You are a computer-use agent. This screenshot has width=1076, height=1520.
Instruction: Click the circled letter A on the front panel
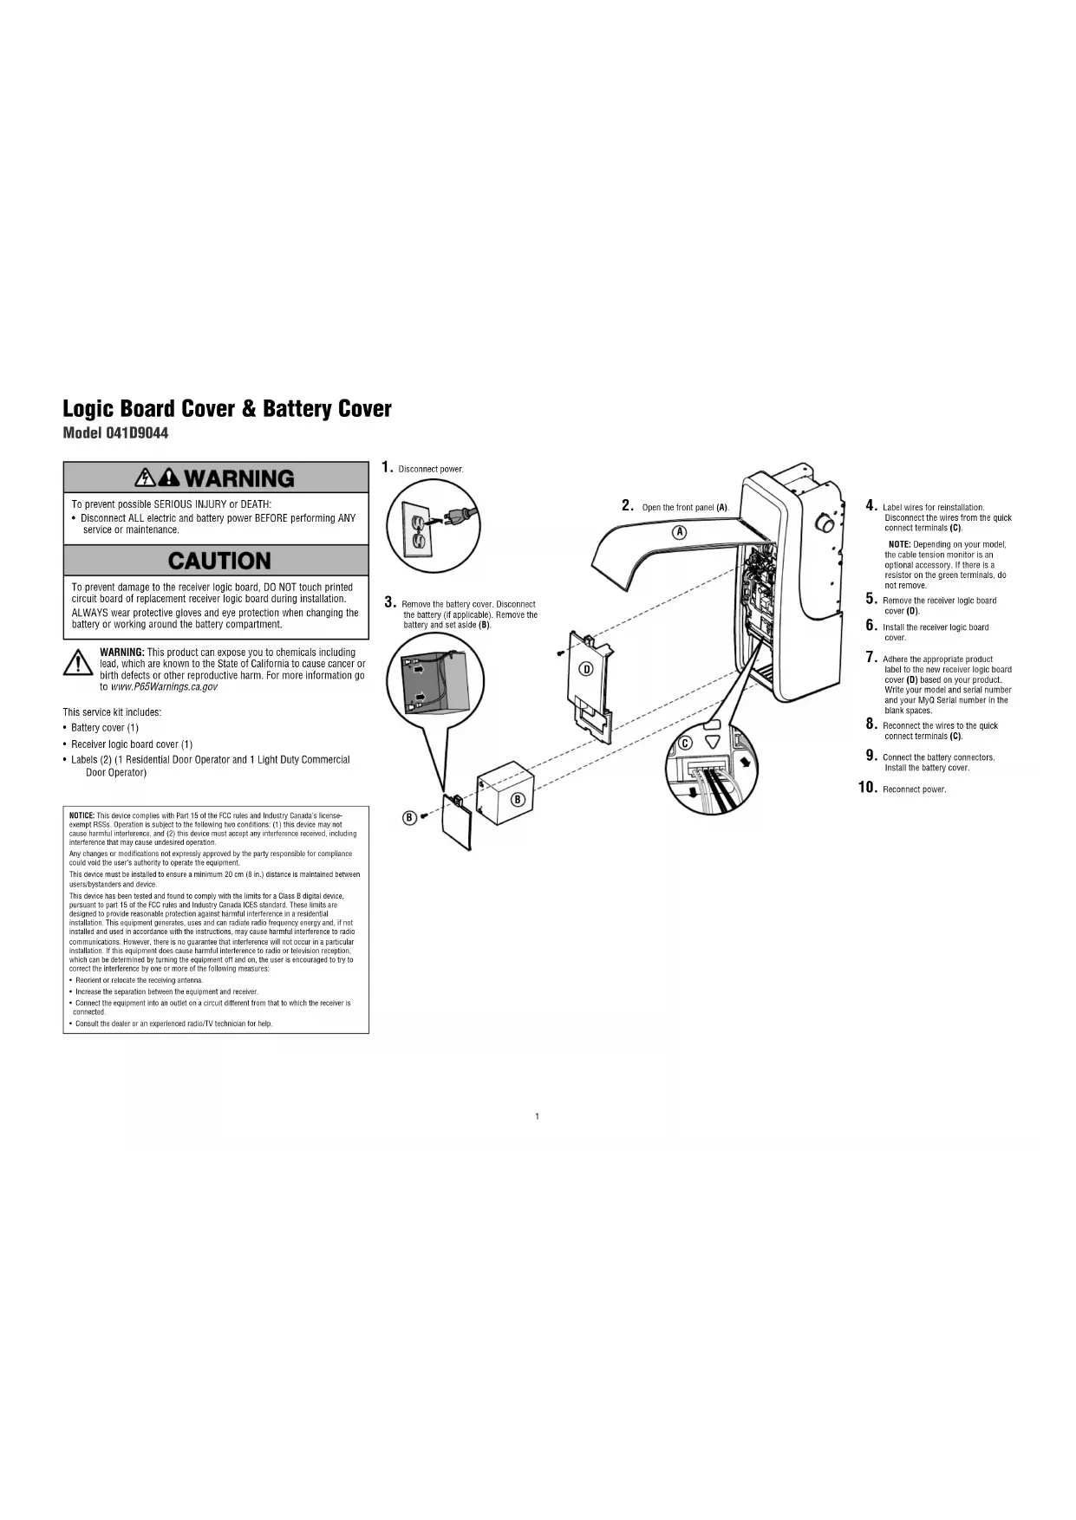click(x=681, y=531)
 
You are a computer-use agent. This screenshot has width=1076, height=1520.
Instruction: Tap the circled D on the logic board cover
click(x=585, y=668)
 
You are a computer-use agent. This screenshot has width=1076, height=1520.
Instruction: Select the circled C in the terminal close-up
click(x=685, y=743)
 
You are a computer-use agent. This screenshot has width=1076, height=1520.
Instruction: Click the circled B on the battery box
click(x=518, y=799)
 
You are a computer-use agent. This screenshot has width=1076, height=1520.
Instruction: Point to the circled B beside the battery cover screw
click(x=409, y=817)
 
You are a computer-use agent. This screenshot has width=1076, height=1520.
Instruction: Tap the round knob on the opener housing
click(x=825, y=523)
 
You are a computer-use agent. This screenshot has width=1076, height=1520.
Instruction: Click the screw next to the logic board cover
click(x=560, y=653)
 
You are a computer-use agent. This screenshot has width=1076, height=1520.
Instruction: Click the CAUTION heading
click(x=219, y=561)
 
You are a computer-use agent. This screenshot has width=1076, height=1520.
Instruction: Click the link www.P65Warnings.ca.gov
click(x=164, y=687)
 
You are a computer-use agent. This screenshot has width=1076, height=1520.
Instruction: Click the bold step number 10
click(x=867, y=788)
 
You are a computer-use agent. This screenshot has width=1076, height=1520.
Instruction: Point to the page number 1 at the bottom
click(x=538, y=1116)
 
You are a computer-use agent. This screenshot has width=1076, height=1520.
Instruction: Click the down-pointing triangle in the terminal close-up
click(x=713, y=743)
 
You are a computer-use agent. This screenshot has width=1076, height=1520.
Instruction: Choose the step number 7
click(x=871, y=658)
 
